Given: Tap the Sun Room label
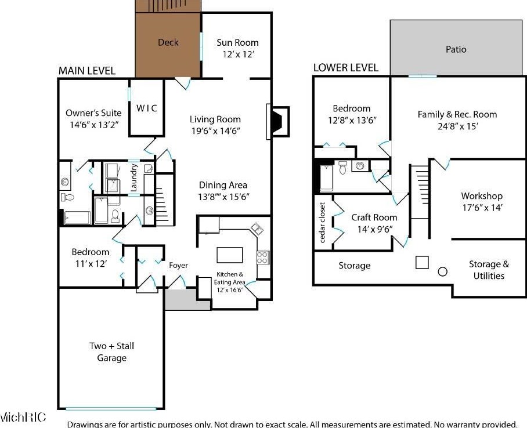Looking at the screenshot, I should [x=237, y=42].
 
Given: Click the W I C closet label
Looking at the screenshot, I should [x=146, y=108].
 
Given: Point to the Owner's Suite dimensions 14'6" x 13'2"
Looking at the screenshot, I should [x=93, y=125].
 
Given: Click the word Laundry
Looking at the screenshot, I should [x=134, y=177].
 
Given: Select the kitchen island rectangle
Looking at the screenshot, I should [x=229, y=255].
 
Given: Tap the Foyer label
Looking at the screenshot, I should [x=178, y=266].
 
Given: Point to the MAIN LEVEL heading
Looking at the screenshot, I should [x=86, y=71].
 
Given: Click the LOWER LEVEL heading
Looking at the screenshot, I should [x=345, y=68].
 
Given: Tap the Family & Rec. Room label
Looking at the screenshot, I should [x=457, y=114].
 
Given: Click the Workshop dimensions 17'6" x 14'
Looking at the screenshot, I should [x=482, y=208].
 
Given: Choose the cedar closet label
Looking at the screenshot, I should [x=323, y=222].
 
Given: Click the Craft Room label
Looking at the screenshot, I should [x=374, y=217].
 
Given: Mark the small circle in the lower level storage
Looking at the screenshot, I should [x=443, y=271].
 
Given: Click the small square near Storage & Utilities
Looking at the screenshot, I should [x=422, y=262].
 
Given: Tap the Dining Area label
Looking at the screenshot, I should [x=223, y=185].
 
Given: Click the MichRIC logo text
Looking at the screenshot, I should [x=23, y=418].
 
